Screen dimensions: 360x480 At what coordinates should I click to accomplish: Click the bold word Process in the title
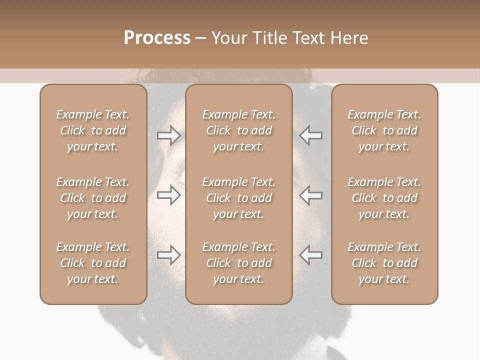pyautogui.click(x=157, y=38)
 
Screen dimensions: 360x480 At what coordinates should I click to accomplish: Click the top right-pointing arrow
pyautogui.click(x=168, y=135)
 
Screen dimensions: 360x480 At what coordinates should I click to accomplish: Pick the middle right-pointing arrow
pyautogui.click(x=168, y=195)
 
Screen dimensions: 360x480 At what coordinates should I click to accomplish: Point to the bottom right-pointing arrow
pyautogui.click(x=168, y=255)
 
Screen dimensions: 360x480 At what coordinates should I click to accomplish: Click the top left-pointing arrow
pyautogui.click(x=311, y=135)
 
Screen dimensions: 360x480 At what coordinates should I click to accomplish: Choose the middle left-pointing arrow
pyautogui.click(x=311, y=195)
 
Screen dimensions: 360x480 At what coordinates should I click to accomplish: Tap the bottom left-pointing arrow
pyautogui.click(x=311, y=255)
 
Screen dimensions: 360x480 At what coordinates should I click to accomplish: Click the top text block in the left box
pyautogui.click(x=93, y=130)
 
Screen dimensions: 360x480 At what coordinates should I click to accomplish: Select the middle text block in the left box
pyautogui.click(x=93, y=198)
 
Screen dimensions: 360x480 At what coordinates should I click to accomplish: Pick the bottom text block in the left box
pyautogui.click(x=93, y=263)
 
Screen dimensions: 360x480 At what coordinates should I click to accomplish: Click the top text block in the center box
pyautogui.click(x=238, y=130)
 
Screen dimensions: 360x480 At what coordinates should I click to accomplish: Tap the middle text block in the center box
pyautogui.click(x=238, y=198)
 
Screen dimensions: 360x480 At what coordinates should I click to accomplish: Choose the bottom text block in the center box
pyautogui.click(x=238, y=263)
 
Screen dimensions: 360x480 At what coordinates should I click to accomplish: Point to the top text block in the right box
pyautogui.click(x=384, y=130)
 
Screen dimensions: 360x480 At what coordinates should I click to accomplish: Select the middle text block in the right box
pyautogui.click(x=384, y=198)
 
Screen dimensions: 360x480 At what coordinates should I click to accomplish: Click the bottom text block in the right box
pyautogui.click(x=384, y=263)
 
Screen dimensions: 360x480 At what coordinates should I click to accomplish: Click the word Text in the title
pyautogui.click(x=310, y=38)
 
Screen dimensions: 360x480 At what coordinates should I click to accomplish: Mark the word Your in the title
pyautogui.click(x=228, y=38)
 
